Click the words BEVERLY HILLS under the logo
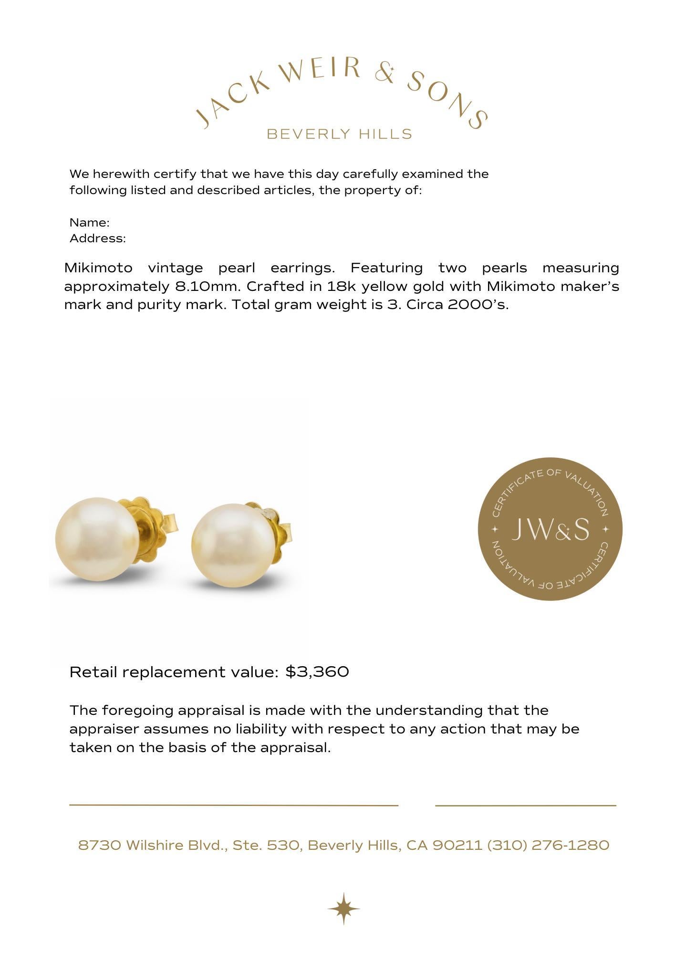(339, 134)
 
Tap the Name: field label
(90, 223)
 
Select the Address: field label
(98, 238)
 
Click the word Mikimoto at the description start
(98, 268)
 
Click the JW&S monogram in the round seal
(550, 530)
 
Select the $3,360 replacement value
(317, 672)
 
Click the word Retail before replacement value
(93, 672)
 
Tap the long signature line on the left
(234, 805)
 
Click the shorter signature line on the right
(525, 805)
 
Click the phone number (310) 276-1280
(548, 846)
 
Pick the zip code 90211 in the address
(457, 846)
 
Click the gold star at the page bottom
(343, 909)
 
